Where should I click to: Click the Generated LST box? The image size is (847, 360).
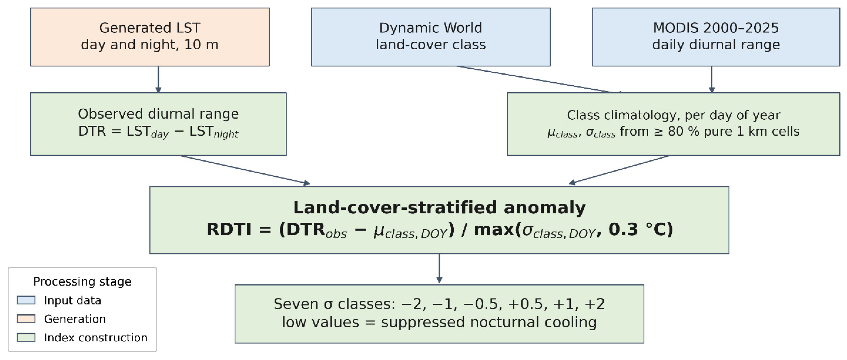(x=150, y=37)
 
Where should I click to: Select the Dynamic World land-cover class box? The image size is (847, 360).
(x=431, y=37)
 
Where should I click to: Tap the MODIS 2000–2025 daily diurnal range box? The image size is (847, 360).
(x=716, y=37)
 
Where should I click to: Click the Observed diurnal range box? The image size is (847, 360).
(x=158, y=124)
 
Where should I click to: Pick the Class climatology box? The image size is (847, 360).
(x=673, y=124)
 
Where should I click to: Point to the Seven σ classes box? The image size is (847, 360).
(x=439, y=314)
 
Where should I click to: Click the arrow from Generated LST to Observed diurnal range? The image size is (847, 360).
(x=158, y=80)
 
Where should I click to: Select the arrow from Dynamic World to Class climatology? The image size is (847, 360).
(x=539, y=80)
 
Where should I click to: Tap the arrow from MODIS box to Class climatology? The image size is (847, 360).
(x=712, y=80)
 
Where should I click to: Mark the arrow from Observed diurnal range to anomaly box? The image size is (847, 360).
(x=244, y=170)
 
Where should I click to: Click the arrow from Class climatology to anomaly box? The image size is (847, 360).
(x=620, y=170)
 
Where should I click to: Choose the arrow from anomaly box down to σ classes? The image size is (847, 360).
(x=439, y=268)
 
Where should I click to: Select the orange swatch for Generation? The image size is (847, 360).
(x=26, y=319)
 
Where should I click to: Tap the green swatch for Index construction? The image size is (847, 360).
(x=26, y=337)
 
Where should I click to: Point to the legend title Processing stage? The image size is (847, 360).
(x=83, y=281)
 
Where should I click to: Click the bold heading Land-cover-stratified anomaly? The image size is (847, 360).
(x=439, y=208)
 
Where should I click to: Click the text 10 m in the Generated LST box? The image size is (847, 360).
(x=201, y=44)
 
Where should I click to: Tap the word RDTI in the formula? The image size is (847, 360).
(x=229, y=229)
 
